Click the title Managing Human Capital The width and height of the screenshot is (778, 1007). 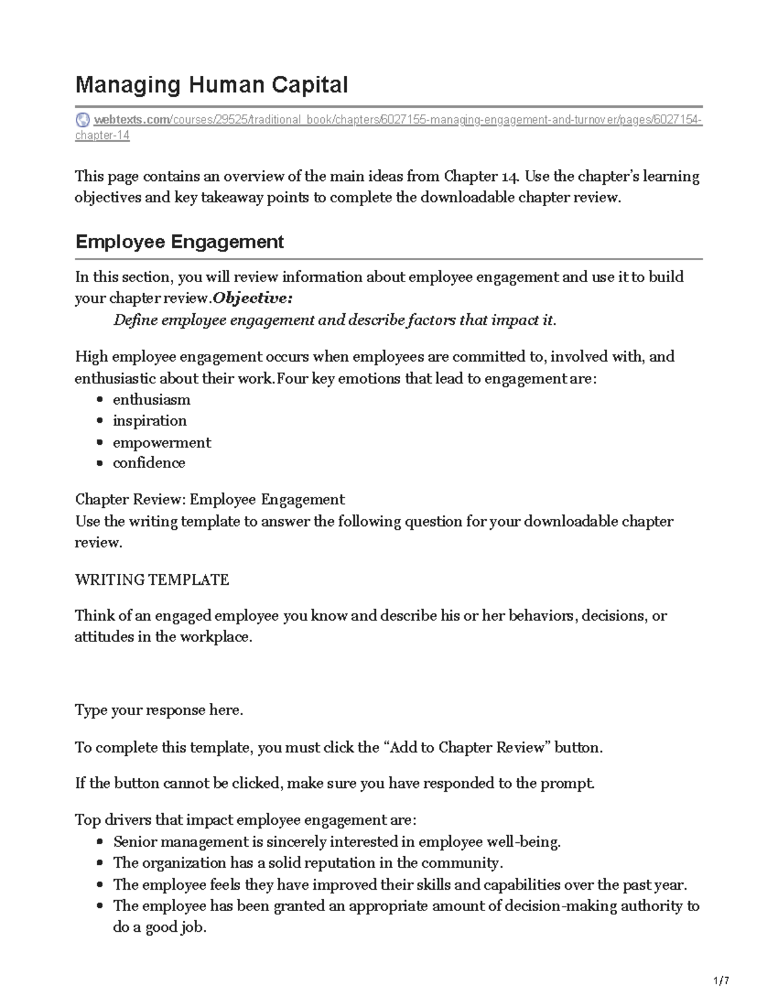pos(211,85)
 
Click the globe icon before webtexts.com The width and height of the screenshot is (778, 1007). pos(83,120)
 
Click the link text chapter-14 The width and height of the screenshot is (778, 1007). pos(102,136)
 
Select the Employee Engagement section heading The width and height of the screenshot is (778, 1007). pos(180,242)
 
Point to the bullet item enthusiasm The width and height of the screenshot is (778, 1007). pos(151,399)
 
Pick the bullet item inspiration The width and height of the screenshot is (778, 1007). pos(150,421)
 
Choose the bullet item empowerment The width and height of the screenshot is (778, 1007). pos(161,442)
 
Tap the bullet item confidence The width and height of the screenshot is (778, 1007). pos(149,463)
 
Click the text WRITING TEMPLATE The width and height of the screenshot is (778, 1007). pos(152,580)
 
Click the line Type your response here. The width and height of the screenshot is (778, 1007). pos(159,710)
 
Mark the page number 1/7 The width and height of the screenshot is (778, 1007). pos(721,981)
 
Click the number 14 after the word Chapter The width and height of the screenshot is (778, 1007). pos(509,176)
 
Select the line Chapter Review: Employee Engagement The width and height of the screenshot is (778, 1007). pos(209,499)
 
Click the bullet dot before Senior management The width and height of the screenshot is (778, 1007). pos(99,842)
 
